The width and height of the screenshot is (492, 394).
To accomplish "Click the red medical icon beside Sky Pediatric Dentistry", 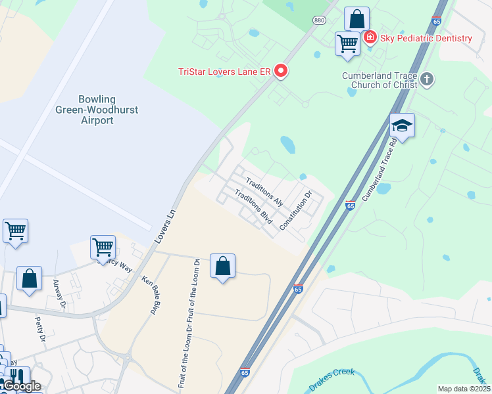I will coord(370,37).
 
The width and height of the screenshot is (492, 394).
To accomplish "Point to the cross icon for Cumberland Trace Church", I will coord(427,80).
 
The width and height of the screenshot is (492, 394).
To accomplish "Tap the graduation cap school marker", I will coord(402,125).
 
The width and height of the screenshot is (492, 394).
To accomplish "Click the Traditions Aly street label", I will coord(264,192).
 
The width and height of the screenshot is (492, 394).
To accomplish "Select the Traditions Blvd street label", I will coord(253,208).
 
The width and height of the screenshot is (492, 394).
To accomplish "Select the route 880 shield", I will coord(320,20).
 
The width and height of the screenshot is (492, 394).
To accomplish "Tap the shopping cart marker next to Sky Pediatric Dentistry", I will coord(347,43).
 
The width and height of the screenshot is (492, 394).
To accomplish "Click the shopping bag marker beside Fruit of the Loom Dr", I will coord(223,266).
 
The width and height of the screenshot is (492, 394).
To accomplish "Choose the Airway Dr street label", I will coord(59,294).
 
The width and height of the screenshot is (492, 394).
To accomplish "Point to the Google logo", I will coord(21,387).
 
